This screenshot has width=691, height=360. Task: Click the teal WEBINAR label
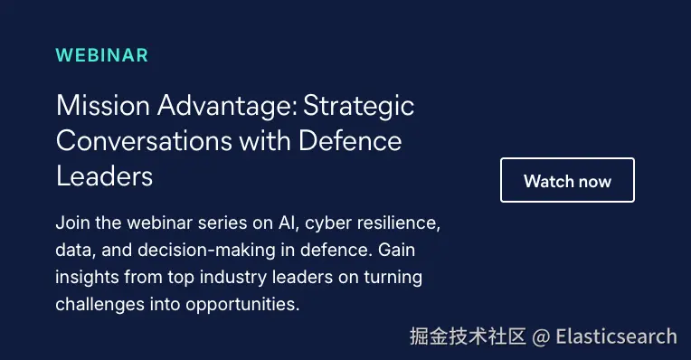102,55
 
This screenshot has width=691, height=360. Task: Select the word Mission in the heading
103,106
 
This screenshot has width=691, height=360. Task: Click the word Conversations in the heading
144,141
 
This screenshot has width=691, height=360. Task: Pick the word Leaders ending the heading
104,176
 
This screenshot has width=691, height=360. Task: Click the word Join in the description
72,223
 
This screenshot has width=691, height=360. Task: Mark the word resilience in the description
398,223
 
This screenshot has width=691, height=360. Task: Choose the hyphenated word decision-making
207,251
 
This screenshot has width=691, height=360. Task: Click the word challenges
100,305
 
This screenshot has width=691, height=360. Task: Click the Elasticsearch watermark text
616,336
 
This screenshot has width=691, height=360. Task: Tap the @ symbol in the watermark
541,337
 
